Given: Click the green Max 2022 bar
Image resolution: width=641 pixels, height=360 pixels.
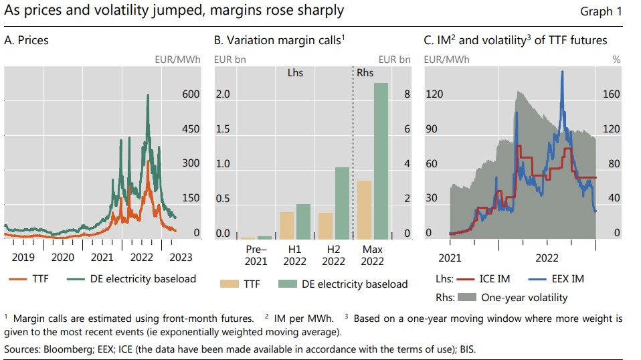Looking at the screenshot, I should click(x=381, y=161).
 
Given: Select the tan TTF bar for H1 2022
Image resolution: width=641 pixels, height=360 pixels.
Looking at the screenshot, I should click(x=286, y=226).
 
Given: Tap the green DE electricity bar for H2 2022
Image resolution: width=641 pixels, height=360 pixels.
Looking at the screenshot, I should click(x=342, y=203).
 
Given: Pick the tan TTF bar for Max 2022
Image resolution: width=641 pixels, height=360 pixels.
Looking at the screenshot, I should click(x=365, y=209).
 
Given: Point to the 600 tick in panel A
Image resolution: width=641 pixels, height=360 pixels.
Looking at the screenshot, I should click(x=191, y=94).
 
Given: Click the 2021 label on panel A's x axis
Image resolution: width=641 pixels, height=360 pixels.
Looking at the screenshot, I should click(x=102, y=257).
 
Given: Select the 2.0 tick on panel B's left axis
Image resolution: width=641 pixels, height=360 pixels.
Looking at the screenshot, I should click(x=223, y=94).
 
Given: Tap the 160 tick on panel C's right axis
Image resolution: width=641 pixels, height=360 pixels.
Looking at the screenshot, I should click(x=612, y=94).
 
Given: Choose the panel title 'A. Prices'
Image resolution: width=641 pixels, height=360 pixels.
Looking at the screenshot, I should click(x=26, y=41).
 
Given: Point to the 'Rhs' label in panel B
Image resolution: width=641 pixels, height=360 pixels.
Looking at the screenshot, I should click(x=365, y=72).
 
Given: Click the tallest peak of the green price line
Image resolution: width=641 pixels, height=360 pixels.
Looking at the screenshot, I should click(x=148, y=95).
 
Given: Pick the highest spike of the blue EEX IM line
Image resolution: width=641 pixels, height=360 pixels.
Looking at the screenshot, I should click(x=562, y=72).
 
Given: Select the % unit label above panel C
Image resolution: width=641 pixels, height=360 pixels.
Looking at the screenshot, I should click(x=616, y=60).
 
